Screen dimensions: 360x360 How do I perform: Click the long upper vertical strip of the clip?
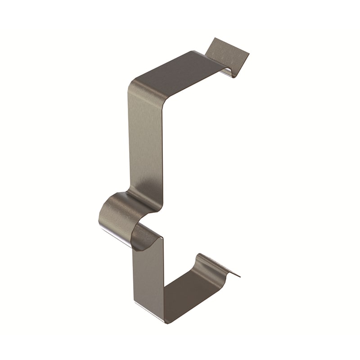pyautogui.click(x=145, y=144)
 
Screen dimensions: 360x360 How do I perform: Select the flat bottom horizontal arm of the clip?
pyautogui.click(x=189, y=292)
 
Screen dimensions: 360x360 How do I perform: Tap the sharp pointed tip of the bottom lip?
pyautogui.click(x=239, y=276)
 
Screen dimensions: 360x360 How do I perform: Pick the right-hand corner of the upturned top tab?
pyautogui.click(x=248, y=54)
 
